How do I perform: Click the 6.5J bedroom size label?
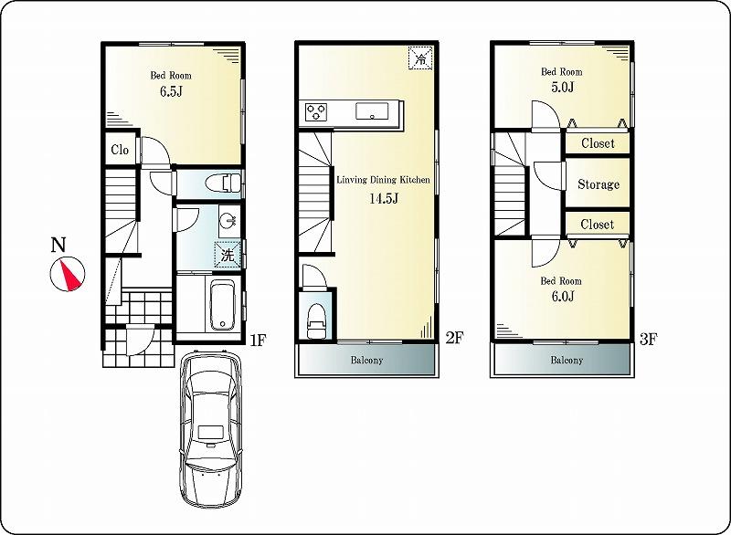pos(172,92)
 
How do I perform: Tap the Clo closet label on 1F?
pos(121,151)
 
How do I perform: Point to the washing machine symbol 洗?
pos(227,255)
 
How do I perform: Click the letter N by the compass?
pos(58,245)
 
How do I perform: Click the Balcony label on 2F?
pos(366,360)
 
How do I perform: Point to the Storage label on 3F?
pos(598,184)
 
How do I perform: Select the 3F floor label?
pos(648,340)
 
